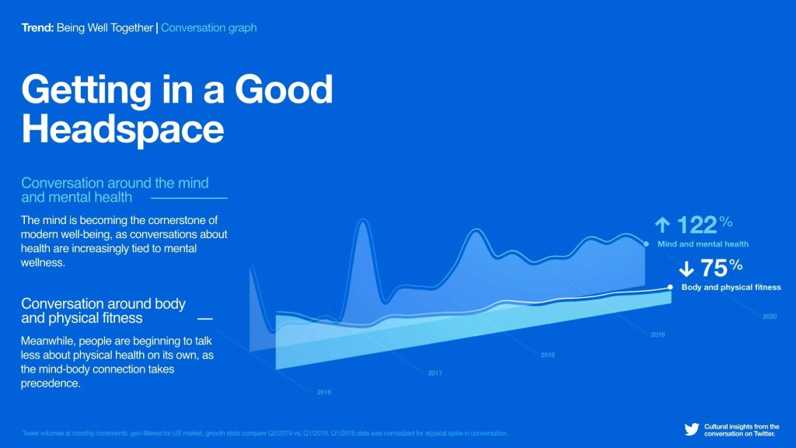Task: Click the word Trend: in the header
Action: click(37, 28)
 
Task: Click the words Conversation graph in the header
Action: click(208, 28)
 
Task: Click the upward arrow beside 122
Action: click(662, 226)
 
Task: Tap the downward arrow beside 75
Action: click(686, 269)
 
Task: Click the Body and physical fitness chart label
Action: click(731, 287)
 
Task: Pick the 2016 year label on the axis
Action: click(324, 392)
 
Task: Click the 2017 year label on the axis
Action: click(435, 373)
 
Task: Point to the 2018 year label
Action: click(547, 355)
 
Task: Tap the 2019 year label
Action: click(658, 335)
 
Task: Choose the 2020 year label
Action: click(770, 317)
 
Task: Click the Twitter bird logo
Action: click(691, 429)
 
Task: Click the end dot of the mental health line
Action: click(646, 243)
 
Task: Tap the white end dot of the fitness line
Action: click(670, 286)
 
